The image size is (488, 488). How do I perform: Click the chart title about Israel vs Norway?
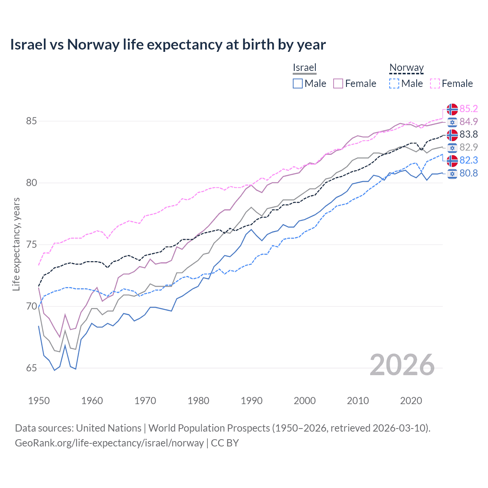[x=168, y=45]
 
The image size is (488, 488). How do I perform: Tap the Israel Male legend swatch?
[x=298, y=83]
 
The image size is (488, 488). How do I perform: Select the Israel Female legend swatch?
[x=338, y=83]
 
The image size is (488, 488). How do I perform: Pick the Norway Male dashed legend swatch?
[x=394, y=83]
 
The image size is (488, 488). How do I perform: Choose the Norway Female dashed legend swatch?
[x=435, y=83]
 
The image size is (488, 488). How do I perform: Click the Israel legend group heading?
[x=304, y=68]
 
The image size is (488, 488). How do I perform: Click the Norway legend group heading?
[x=406, y=68]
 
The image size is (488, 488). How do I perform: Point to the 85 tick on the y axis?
[x=31, y=121]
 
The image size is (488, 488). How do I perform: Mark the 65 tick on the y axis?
[x=31, y=368]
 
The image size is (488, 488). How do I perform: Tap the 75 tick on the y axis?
[x=31, y=245]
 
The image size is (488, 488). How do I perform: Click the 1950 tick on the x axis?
[x=39, y=401]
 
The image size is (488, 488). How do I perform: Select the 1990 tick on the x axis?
[x=252, y=401]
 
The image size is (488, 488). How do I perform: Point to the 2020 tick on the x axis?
[x=411, y=401]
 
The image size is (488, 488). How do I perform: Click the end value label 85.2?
[x=469, y=109]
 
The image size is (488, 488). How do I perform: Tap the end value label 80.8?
[x=469, y=173]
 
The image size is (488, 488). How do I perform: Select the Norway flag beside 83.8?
[x=452, y=135]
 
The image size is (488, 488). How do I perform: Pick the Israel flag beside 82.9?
[x=452, y=148]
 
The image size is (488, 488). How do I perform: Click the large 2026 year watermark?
[x=402, y=365]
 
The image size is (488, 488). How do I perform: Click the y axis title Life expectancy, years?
[x=16, y=244]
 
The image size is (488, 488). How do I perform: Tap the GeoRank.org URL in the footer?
[x=109, y=443]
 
